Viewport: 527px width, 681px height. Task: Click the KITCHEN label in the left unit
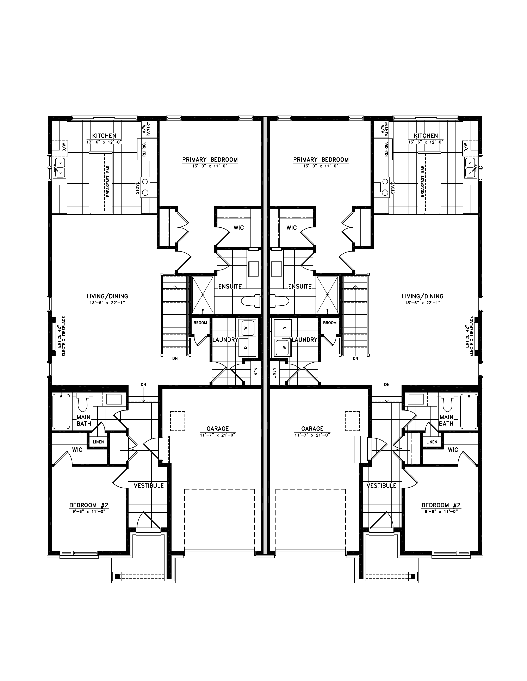[x=104, y=136]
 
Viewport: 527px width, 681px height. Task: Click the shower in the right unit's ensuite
[x=327, y=294]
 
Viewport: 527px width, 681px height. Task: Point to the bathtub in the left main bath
[x=61, y=411]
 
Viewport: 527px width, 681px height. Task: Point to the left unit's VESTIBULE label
[x=149, y=486]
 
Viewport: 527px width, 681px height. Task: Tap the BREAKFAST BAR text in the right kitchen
[x=422, y=181]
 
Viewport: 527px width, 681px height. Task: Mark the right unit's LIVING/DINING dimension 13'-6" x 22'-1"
[x=423, y=302]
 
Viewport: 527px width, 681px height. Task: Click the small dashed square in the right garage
[x=352, y=421]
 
